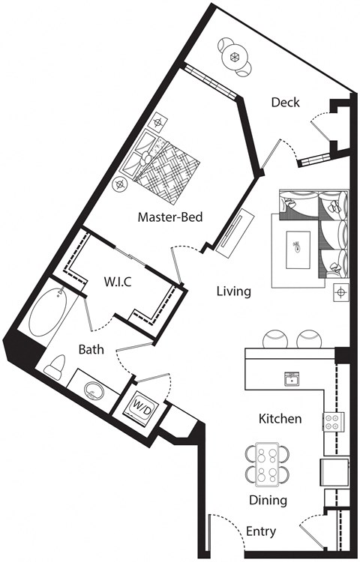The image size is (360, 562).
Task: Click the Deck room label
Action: (x=286, y=102)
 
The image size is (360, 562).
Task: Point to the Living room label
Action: (x=233, y=291)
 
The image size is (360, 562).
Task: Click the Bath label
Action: (x=91, y=349)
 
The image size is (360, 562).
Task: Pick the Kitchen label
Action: (x=280, y=418)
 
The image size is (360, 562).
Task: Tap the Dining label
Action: (x=268, y=500)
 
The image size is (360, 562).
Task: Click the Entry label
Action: (x=261, y=531)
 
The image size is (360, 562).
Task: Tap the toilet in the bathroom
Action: (x=54, y=366)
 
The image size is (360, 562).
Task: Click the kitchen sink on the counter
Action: (x=290, y=378)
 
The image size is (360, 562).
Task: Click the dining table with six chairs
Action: (x=267, y=464)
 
